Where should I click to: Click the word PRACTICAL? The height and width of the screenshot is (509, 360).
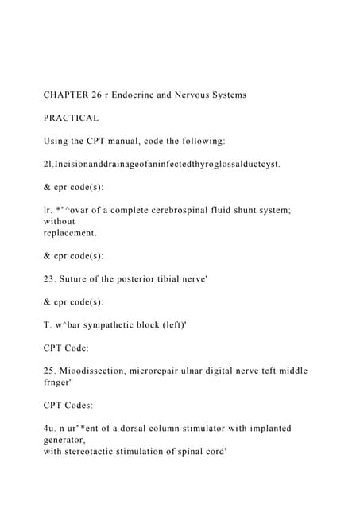click(71, 118)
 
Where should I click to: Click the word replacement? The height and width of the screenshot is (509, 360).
click(69, 233)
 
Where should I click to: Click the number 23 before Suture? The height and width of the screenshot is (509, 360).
click(49, 279)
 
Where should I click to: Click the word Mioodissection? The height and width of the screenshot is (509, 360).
click(94, 371)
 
